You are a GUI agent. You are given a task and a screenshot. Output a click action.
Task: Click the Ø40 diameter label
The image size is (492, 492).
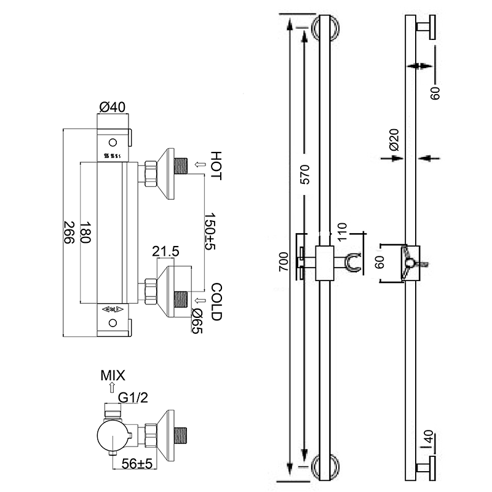tap(113, 107)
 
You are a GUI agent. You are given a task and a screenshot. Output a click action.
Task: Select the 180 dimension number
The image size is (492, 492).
tap(85, 232)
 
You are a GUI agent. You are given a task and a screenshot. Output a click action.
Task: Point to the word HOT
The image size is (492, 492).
tap(215, 165)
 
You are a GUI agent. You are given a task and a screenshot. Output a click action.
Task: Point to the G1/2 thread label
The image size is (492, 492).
tap(133, 399)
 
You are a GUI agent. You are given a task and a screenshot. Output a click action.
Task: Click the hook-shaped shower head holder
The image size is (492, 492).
tap(353, 263)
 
